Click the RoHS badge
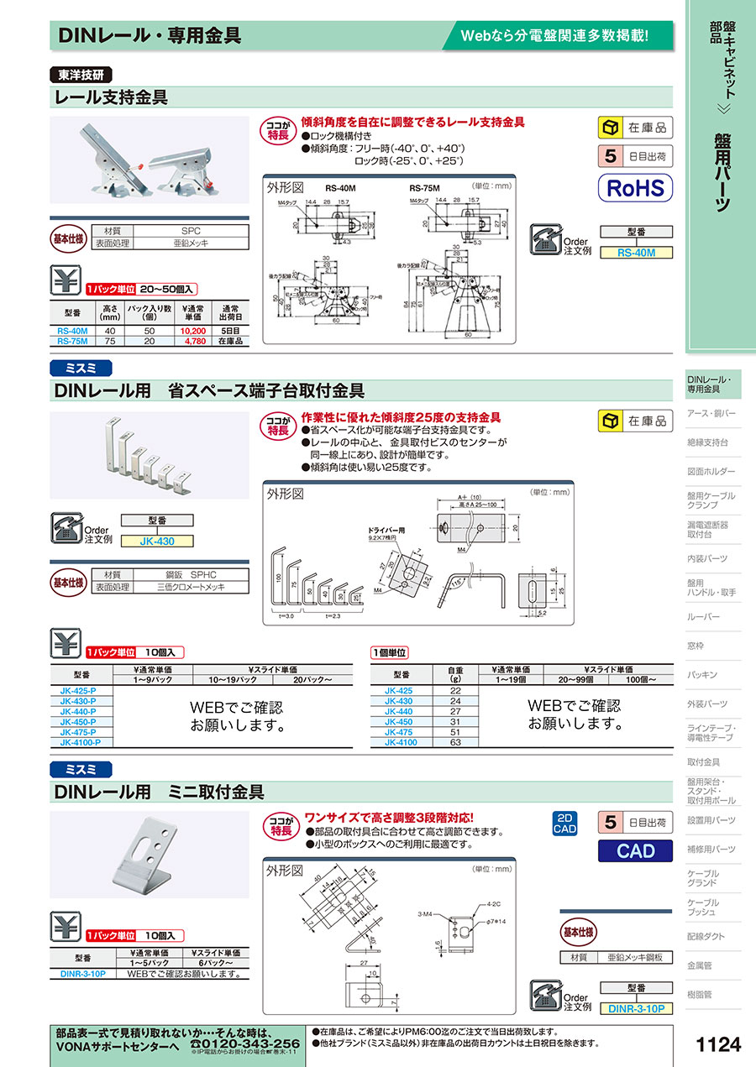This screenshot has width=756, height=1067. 635,186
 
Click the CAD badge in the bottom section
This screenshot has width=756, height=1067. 635,850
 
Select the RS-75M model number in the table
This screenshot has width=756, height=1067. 73,342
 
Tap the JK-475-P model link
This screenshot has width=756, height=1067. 78,732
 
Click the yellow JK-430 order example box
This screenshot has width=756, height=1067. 157,541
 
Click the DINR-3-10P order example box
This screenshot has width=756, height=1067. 636,1008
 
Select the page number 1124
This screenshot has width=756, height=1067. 719,1044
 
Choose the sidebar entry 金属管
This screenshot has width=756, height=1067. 701,965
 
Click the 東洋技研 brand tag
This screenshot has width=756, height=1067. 81,75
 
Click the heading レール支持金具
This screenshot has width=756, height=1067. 111,97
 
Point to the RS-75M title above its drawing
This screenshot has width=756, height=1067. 425,189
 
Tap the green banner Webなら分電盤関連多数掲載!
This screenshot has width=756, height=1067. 555,35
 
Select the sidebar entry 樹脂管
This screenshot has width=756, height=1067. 701,995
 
